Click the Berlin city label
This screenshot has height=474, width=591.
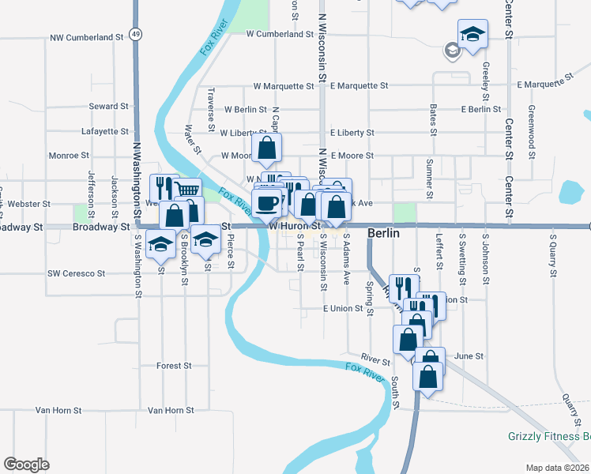(383, 235)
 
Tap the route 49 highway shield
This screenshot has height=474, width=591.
(137, 35)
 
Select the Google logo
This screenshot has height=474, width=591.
(26, 465)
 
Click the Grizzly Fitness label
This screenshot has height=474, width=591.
(548, 436)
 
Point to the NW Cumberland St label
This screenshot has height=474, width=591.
(87, 37)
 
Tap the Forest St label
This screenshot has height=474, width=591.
(174, 366)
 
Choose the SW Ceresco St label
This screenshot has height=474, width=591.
(76, 273)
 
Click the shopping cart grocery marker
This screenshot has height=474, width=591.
(186, 190)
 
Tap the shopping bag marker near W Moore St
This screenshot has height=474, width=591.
(268, 146)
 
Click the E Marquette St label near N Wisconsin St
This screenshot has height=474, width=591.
(359, 85)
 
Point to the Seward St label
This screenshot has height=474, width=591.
(109, 106)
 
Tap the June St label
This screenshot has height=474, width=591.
(469, 356)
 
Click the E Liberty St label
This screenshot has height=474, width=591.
(352, 133)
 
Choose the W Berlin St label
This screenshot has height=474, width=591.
(245, 110)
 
